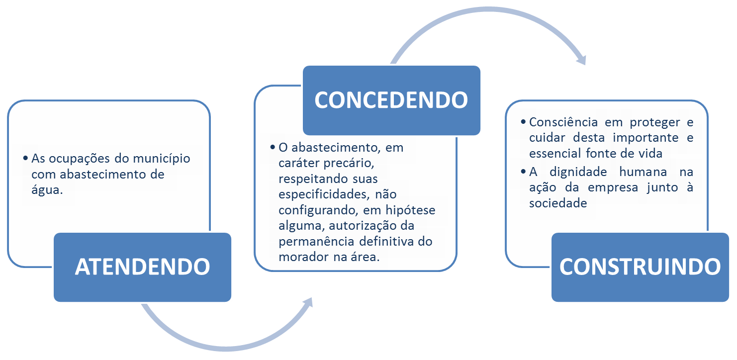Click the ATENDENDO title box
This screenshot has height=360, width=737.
142,267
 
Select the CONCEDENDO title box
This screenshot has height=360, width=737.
391,100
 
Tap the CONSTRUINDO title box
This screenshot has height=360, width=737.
640,267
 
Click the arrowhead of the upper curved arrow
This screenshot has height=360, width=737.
581,59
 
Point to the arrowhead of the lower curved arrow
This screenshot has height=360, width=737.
307,303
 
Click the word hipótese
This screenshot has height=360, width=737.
410,210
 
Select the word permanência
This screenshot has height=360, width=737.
316,242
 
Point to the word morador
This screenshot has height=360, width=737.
303,257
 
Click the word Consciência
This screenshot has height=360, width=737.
563,122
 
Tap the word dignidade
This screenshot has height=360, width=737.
578,172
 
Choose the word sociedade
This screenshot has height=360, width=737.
558,203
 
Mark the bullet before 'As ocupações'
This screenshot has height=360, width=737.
25,158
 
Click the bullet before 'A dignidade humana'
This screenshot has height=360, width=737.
523,172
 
